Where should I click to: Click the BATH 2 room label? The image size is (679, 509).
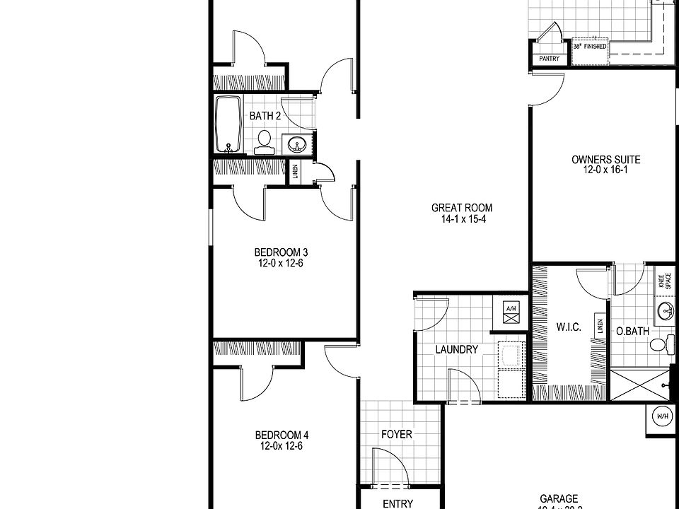click(265, 116)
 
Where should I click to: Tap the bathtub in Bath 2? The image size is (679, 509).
click(228, 124)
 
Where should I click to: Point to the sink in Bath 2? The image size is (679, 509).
click(296, 145)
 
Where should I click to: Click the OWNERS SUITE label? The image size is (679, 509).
click(600, 160)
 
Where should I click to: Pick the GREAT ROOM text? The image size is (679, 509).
click(462, 208)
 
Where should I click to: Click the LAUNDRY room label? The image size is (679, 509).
click(457, 349)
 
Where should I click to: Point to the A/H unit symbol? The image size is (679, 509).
click(511, 312)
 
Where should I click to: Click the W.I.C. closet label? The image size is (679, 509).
click(569, 327)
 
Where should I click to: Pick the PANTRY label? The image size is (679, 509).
click(549, 59)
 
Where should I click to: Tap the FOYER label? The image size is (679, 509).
click(396, 435)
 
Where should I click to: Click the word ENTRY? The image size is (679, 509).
click(397, 503)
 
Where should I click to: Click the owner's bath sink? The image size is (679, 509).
click(666, 310)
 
